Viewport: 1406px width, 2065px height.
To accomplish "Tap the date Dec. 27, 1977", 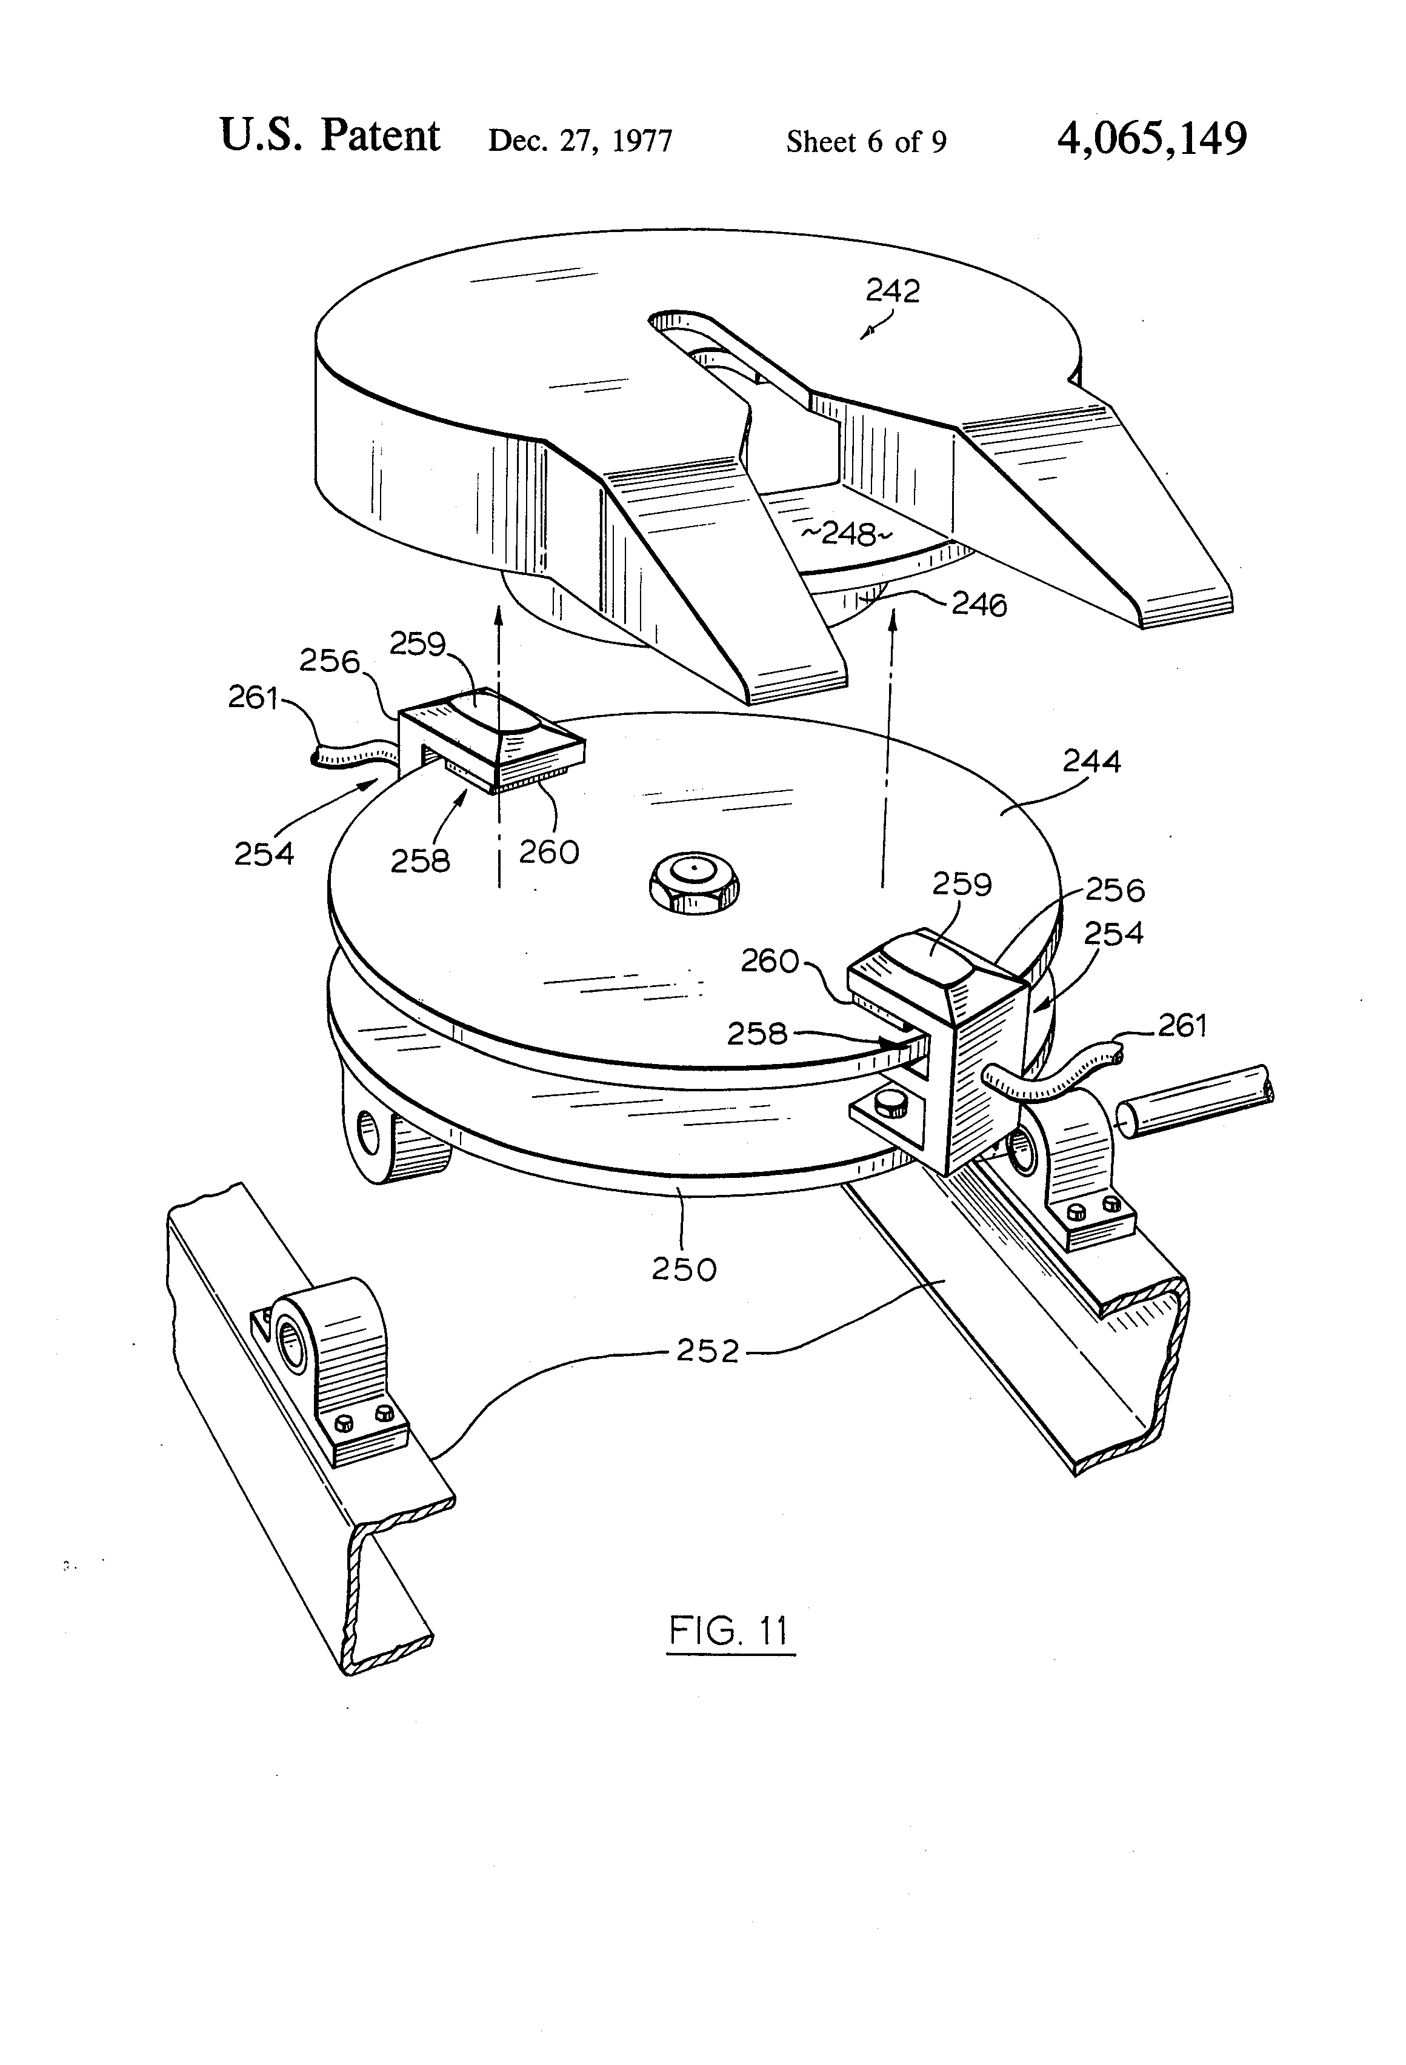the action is click(581, 141).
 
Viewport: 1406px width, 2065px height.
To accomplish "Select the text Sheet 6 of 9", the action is click(867, 141).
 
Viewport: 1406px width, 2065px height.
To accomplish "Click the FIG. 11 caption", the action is click(729, 1631).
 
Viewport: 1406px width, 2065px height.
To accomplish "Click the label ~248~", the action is click(846, 534).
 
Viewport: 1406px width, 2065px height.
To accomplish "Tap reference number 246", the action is click(979, 605).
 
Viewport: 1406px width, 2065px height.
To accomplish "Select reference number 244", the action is click(1092, 762).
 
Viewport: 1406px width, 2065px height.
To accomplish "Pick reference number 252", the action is click(707, 1351).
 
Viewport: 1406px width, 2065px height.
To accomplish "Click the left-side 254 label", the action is click(264, 854).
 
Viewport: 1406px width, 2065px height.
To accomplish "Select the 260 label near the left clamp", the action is click(549, 852).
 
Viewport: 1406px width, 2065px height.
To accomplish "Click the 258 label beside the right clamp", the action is click(757, 1033).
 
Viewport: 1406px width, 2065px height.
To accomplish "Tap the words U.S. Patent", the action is click(330, 136).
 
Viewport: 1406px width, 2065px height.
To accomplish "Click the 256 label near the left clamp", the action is click(329, 661).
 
